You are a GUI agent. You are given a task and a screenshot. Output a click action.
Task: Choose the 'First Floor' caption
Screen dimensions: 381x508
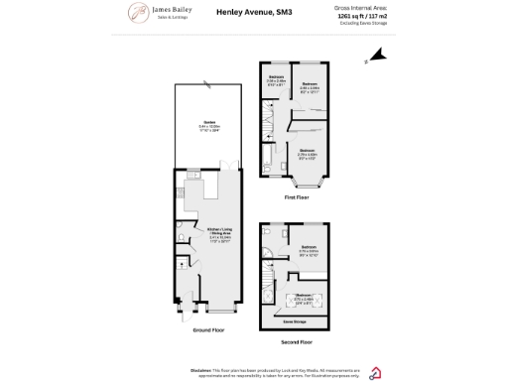pos(298,197)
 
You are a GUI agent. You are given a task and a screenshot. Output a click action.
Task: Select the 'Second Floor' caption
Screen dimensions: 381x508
pos(298,341)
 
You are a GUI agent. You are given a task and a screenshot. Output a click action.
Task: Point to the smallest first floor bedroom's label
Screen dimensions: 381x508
pos(276,79)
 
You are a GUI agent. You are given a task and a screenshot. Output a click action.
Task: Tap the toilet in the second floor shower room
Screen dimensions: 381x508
pos(269,234)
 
